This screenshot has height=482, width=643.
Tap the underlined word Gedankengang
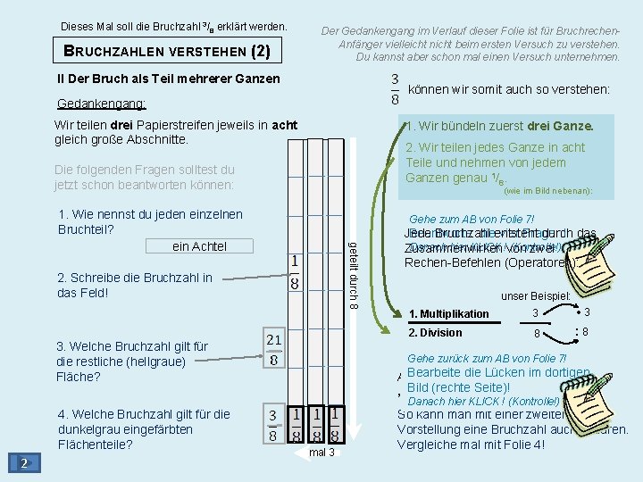pos(101,103)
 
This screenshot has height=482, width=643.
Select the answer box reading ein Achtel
pos(200,246)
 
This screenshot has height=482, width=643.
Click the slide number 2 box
pos(26,461)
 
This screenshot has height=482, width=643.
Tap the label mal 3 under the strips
pos(321,453)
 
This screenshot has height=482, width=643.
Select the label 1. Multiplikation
pos(448,314)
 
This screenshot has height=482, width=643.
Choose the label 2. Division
pos(435,333)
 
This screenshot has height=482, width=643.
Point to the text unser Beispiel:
pos(536,296)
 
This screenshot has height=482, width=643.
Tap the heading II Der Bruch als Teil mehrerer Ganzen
pos(168,79)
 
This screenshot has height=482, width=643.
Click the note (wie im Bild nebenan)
pos(547,191)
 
